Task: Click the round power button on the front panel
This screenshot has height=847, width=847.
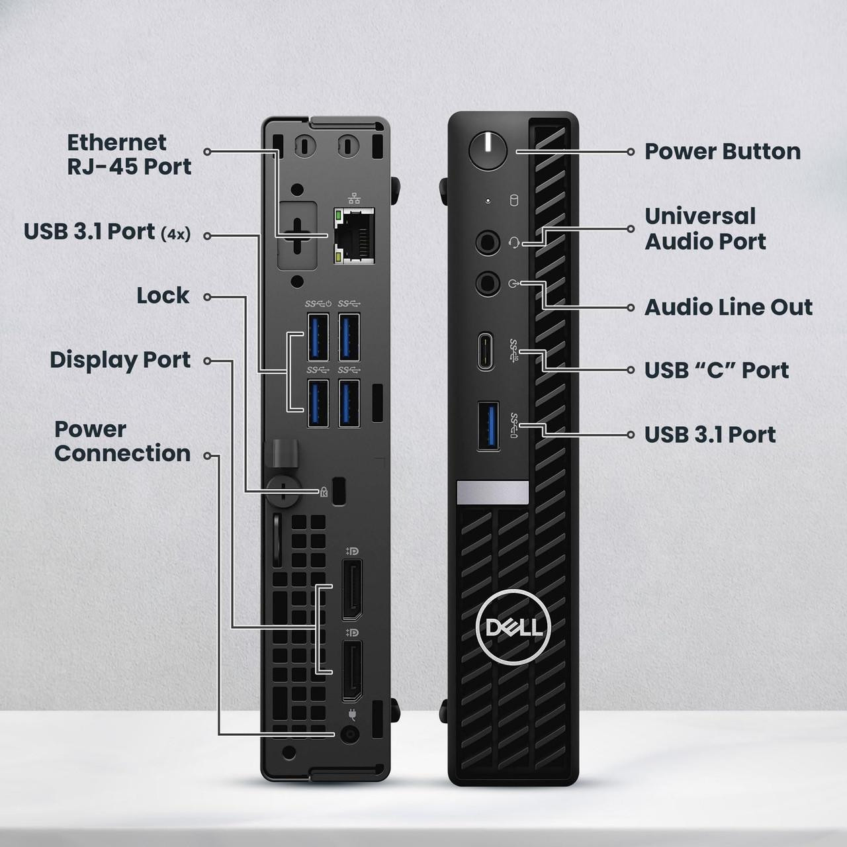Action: (x=488, y=150)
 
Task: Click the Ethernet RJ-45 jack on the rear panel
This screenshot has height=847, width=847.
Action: (x=354, y=236)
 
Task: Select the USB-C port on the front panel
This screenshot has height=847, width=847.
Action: (x=486, y=351)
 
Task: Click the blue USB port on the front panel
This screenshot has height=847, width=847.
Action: (x=488, y=425)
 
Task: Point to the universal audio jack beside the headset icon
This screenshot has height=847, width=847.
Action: (x=488, y=242)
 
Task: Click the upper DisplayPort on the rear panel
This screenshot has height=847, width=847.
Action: (x=351, y=590)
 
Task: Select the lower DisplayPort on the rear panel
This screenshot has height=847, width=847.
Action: (x=351, y=670)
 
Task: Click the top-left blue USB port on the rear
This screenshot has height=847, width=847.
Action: (x=318, y=337)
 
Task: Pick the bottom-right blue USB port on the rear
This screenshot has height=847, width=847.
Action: (x=349, y=403)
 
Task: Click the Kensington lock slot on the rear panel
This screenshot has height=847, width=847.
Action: (x=339, y=490)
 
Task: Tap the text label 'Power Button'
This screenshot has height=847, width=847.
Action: (x=723, y=152)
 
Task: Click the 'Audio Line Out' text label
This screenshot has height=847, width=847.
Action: (x=729, y=307)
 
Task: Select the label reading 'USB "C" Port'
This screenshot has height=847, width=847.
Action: (x=717, y=371)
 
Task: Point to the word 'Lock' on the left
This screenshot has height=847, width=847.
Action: (x=163, y=295)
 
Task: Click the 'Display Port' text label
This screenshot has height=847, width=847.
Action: (x=120, y=360)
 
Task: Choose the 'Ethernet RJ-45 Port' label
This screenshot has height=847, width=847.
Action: (x=129, y=154)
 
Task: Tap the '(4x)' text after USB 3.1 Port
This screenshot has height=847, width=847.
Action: (x=175, y=234)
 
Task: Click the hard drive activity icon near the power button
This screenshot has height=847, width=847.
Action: (x=513, y=201)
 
